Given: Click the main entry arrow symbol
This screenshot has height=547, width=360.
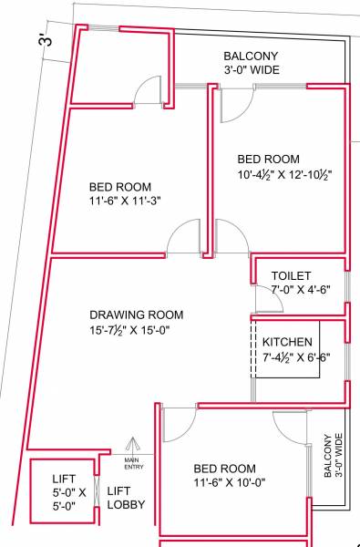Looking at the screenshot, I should (132, 444).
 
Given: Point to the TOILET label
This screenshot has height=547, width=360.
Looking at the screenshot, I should (292, 275).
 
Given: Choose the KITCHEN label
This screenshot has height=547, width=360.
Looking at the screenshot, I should (288, 342).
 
